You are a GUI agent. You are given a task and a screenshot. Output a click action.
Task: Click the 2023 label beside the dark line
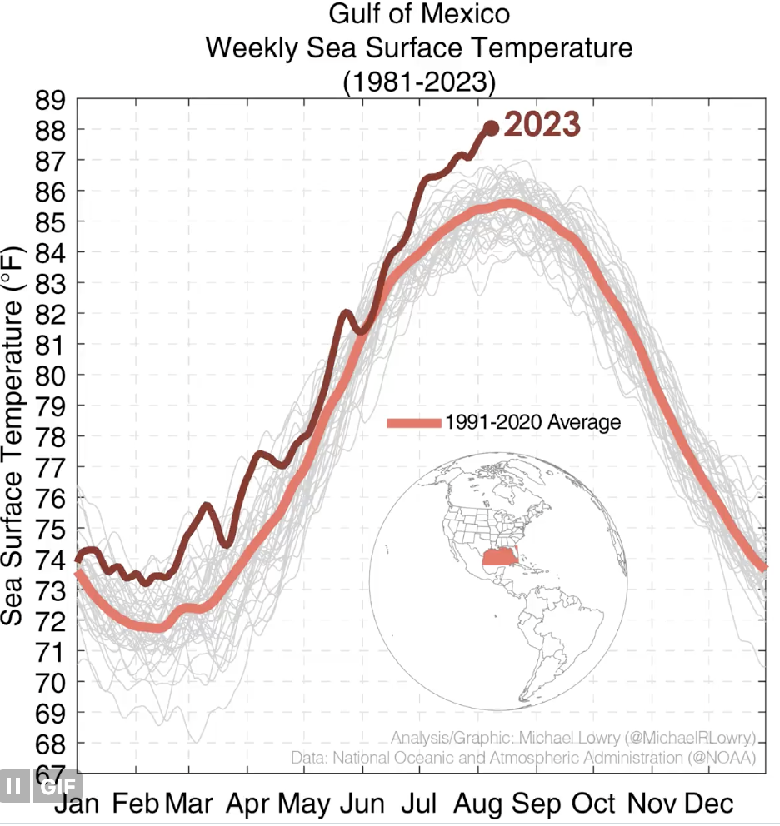tap(542, 125)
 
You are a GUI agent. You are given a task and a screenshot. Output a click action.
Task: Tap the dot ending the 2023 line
tap(491, 128)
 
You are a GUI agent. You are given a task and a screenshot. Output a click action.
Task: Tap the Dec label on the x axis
tap(708, 804)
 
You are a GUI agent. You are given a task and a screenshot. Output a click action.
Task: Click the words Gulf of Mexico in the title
tap(419, 15)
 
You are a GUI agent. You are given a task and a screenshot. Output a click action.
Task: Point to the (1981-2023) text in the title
tap(419, 82)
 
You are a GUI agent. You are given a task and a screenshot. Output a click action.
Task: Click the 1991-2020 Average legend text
tap(532, 422)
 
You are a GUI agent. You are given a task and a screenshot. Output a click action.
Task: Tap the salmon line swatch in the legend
tap(413, 423)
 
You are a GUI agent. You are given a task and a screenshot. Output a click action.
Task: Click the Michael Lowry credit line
tap(572, 738)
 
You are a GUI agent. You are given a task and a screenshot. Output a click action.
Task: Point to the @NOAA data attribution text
tap(523, 758)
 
